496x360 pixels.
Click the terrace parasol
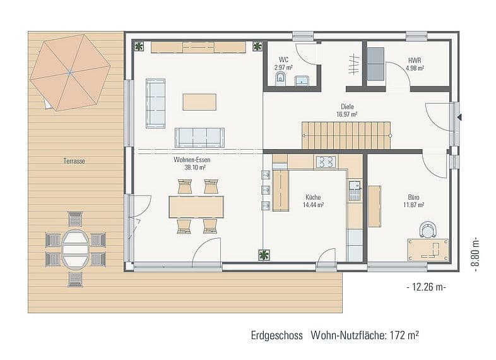[x=70, y=72]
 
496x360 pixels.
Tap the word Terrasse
[x=74, y=161]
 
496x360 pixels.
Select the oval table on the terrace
[x=75, y=249]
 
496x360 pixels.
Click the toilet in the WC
[x=280, y=78]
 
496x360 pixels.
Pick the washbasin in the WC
[x=303, y=81]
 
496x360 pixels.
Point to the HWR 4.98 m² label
[x=415, y=64]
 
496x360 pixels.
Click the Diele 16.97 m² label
[x=347, y=110]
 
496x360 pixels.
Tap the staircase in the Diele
[x=346, y=136]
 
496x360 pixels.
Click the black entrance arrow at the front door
[x=459, y=117]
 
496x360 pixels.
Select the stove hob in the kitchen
[x=326, y=162]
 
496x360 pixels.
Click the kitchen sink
[x=354, y=191]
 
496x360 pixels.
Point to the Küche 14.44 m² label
[x=313, y=201]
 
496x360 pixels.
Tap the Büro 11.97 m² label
[x=413, y=201]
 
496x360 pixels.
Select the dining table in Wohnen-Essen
[x=196, y=207]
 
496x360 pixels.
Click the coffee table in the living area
[x=199, y=102]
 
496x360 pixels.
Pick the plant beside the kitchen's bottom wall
[x=264, y=255]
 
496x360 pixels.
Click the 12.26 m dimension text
[x=426, y=287]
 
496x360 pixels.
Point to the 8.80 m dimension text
[x=475, y=255]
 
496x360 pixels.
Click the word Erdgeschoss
[x=277, y=335]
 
